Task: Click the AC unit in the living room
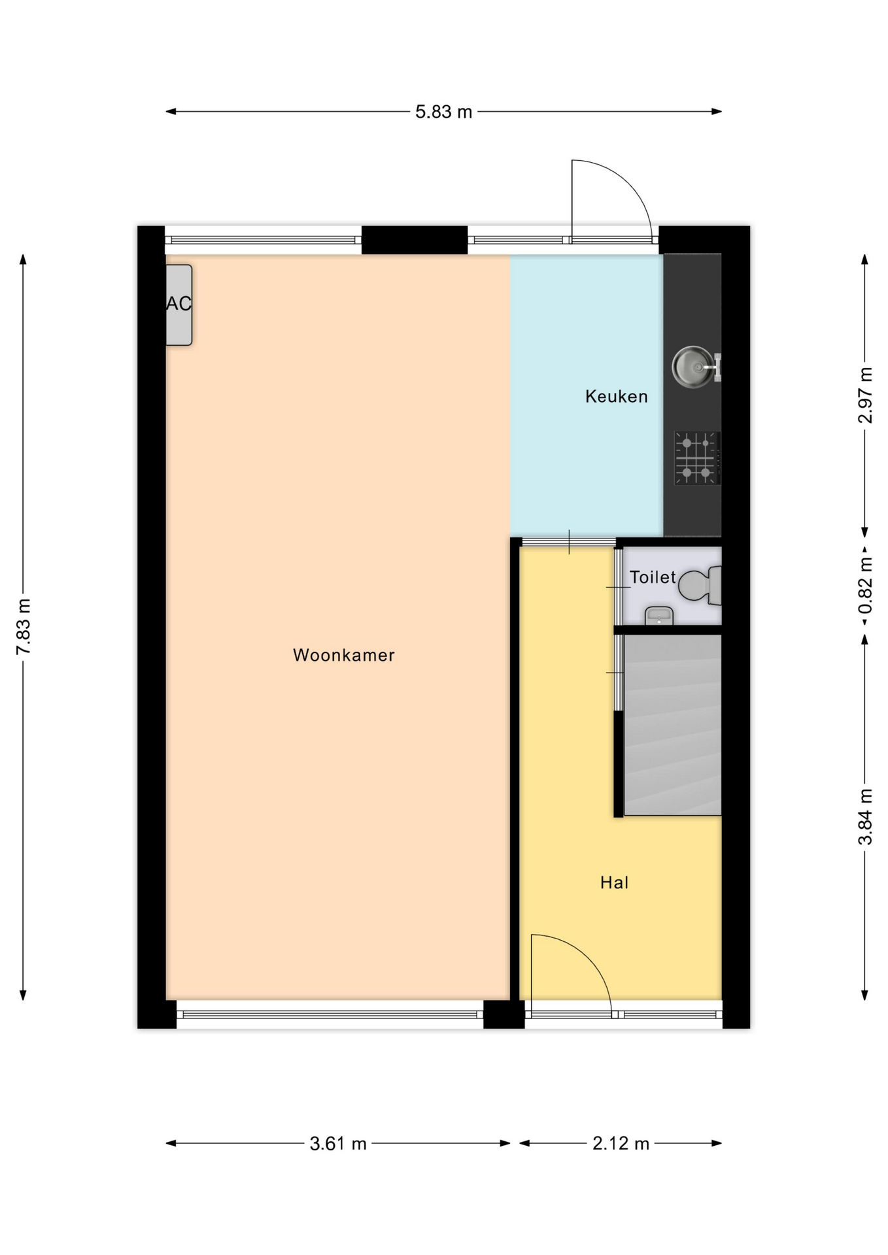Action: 179,305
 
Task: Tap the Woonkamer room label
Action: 343,655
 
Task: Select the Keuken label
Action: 616,396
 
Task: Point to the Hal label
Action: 614,882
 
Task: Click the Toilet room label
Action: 652,577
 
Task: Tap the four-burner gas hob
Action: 697,458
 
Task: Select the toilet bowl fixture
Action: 700,585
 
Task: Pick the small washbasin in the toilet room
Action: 659,616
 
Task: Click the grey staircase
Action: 672,724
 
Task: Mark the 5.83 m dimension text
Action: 443,112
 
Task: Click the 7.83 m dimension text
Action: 24,626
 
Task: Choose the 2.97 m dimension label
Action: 865,395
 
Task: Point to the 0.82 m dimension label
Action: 865,586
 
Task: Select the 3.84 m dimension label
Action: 865,817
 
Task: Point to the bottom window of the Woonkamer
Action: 330,1014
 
